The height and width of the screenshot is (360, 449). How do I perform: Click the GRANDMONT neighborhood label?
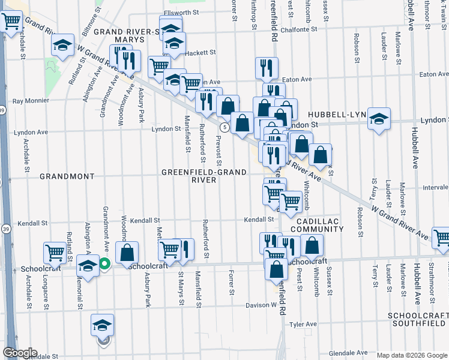(x=67, y=176)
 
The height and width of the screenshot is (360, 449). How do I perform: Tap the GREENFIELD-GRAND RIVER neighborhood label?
(x=203, y=176)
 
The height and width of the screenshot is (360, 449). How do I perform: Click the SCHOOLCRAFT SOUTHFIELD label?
(x=417, y=319)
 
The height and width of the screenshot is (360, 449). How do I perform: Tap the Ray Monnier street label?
(x=30, y=101)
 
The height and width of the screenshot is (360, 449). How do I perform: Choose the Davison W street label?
(x=261, y=305)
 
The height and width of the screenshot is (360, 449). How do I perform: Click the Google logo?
(x=20, y=353)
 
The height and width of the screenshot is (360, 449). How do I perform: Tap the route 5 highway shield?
(x=223, y=127)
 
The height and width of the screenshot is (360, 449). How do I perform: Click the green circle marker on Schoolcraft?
(x=104, y=263)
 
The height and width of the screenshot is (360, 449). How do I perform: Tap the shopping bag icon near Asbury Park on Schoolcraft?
(x=127, y=253)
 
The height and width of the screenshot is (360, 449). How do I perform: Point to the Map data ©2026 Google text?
(x=412, y=355)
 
